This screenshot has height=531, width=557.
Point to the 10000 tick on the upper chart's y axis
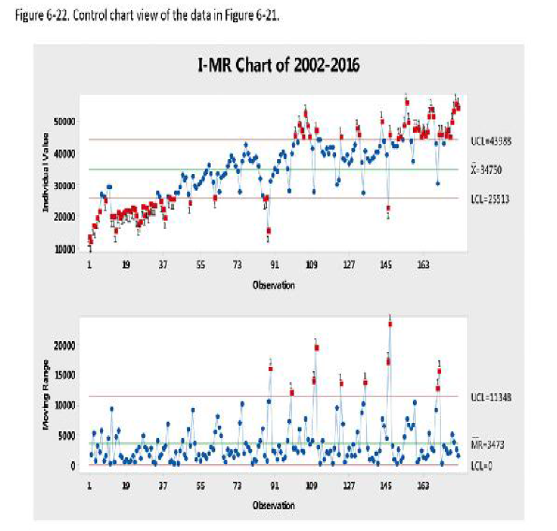[67, 250]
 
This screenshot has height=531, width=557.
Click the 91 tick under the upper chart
[274, 265]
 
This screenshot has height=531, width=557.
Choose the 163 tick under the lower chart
[423, 486]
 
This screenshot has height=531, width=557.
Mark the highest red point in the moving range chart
[390, 324]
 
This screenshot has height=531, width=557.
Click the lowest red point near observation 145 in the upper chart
[389, 208]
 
